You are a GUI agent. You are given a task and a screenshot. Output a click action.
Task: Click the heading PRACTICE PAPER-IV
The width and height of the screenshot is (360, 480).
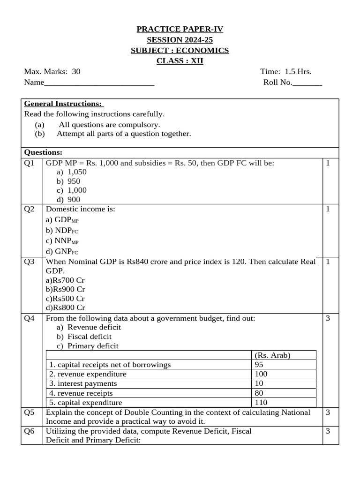pos(180,30)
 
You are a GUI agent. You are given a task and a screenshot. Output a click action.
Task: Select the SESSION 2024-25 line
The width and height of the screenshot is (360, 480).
pos(180,40)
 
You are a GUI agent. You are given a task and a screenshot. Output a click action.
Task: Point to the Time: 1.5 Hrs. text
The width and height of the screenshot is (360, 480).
pos(286,72)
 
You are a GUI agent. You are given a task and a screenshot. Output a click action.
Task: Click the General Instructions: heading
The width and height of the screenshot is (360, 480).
pos(64,104)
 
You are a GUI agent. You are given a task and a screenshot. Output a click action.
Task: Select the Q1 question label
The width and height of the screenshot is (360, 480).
pos(30,163)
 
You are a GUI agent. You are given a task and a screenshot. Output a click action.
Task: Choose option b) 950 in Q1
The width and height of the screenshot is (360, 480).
pos(68,181)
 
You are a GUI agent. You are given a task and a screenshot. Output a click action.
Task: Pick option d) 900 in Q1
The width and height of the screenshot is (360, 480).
pos(68,199)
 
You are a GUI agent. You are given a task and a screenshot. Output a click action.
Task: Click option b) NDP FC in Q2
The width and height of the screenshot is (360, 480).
pos(60,230)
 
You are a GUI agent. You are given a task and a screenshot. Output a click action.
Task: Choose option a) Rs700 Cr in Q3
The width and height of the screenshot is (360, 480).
pos(65,280)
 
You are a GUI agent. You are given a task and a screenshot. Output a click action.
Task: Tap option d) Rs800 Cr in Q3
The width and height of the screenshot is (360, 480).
pos(65,307)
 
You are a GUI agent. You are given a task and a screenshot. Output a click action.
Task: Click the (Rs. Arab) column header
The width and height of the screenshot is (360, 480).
pos(272,355)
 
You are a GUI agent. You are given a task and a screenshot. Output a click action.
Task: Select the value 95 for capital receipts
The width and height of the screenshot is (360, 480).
pos(259,365)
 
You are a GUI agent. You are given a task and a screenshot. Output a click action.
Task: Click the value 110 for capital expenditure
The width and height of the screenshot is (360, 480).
pos(261,403)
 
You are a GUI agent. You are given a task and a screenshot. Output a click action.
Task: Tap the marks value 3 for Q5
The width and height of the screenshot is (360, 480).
pos(328,412)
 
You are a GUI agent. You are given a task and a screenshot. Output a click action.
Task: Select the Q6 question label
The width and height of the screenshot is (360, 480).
pos(30,431)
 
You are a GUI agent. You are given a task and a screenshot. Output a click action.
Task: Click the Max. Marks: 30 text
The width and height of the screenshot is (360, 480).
pos(52,72)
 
